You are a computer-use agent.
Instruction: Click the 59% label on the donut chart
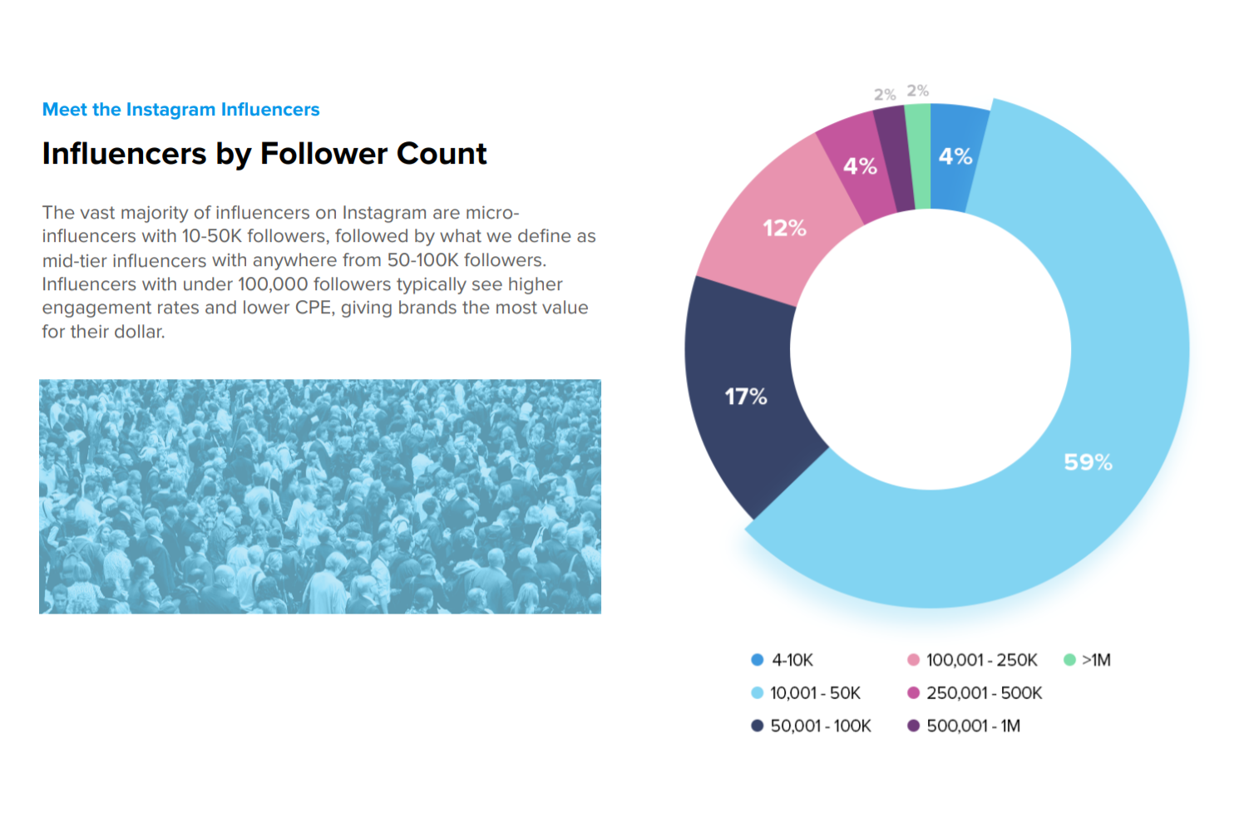1088,462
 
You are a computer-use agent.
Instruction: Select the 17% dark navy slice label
746,397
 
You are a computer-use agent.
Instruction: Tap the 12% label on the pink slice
784,228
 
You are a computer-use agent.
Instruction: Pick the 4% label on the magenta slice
860,166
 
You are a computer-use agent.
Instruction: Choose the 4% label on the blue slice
955,156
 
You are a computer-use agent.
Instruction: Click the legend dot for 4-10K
758,660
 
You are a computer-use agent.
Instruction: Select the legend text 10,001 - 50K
815,693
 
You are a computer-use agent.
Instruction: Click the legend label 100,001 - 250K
982,660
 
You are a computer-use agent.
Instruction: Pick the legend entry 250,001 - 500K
984,693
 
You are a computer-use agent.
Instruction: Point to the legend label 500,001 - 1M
974,726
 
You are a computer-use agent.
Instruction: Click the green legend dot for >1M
1069,660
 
